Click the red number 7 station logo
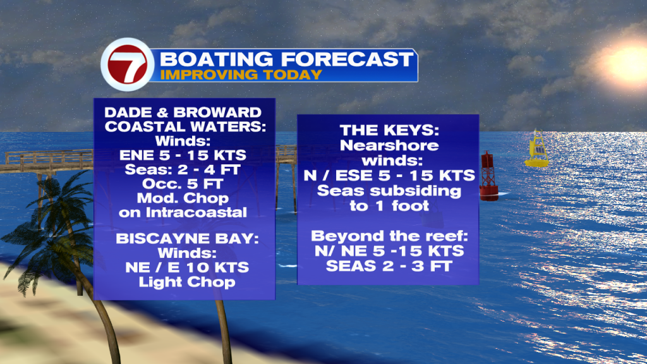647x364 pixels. [x=128, y=64]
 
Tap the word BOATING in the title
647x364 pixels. [x=216, y=59]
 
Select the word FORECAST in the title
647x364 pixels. [x=347, y=59]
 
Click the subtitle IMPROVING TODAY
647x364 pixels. [x=241, y=75]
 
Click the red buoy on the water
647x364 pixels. [x=488, y=176]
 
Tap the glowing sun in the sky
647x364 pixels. [x=627, y=63]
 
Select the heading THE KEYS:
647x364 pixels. [x=389, y=130]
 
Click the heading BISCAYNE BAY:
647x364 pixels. [x=187, y=238]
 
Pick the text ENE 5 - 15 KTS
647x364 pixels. [x=183, y=155]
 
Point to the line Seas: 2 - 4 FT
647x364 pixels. [x=183, y=169]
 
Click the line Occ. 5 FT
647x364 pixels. [x=183, y=184]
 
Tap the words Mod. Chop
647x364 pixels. [x=183, y=198]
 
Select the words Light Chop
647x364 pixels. [x=187, y=282]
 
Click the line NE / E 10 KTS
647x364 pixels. [x=187, y=267]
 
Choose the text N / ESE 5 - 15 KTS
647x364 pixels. [x=389, y=176]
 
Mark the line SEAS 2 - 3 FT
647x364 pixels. [x=389, y=266]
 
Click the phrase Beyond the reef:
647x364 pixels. [x=389, y=236]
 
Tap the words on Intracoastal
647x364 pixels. [x=183, y=212]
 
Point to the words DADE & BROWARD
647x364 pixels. [x=183, y=112]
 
